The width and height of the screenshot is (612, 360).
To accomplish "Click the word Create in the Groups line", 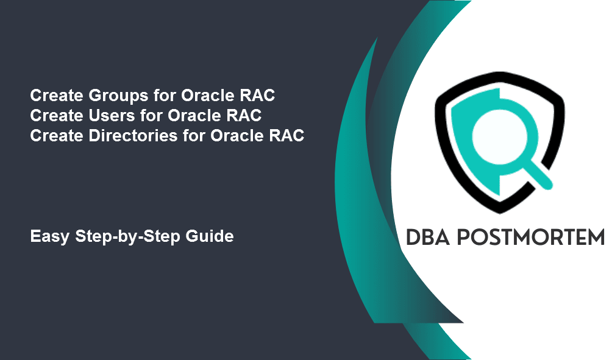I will pos(57,96).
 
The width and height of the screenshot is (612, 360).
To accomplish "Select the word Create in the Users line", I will pos(57,116).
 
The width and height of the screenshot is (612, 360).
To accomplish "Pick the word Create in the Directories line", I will pos(57,136).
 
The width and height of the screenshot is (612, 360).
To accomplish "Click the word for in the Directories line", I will pos(194,136).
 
